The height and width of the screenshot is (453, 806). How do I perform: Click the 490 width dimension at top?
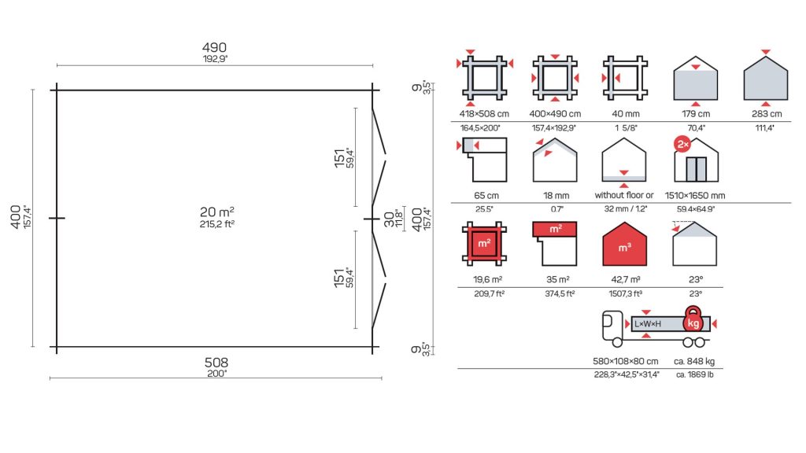click(214, 48)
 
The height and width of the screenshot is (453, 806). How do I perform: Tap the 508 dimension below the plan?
click(216, 363)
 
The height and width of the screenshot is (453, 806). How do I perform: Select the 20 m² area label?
click(217, 212)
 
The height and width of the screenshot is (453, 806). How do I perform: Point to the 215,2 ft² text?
click(217, 224)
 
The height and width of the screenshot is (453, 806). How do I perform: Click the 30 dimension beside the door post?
click(389, 219)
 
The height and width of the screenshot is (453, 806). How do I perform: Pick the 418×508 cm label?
click(484, 113)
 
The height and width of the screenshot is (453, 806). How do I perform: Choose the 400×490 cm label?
click(555, 113)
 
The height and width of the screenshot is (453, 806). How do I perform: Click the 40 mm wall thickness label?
click(626, 113)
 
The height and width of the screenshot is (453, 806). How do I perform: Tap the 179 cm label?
click(696, 113)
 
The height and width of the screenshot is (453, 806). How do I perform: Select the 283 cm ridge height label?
click(767, 113)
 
